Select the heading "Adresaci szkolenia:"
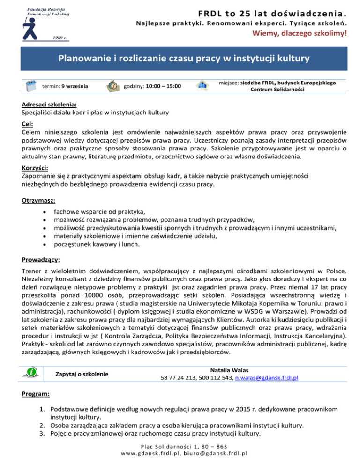click(49, 105)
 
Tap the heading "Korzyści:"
click(35, 168)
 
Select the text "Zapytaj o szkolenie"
click(82, 374)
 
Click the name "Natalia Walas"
click(230, 369)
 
